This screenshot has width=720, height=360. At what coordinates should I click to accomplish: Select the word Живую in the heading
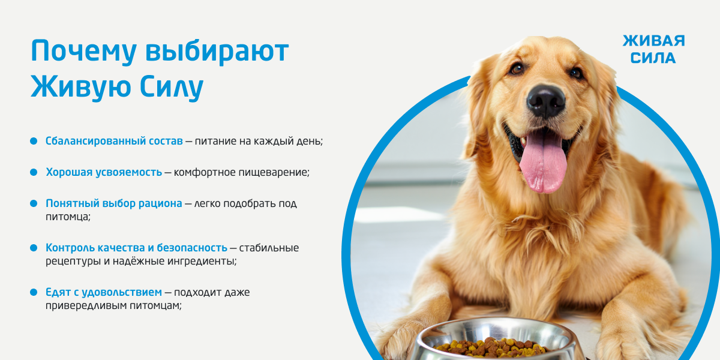[x=80, y=87]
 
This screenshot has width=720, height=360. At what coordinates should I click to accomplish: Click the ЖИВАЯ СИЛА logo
[x=654, y=49]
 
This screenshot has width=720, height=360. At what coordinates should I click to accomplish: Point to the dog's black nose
[x=546, y=101]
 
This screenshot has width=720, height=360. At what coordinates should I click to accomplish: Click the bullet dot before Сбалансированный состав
[x=34, y=141]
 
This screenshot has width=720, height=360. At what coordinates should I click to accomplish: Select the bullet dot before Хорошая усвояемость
[x=34, y=172]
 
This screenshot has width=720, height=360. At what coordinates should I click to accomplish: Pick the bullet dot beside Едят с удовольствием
[x=34, y=292]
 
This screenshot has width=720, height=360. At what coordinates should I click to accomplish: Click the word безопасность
[x=192, y=248]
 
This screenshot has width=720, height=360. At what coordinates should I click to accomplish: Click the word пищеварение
[x=273, y=173]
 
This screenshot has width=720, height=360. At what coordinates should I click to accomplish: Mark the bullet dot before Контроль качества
[x=34, y=248]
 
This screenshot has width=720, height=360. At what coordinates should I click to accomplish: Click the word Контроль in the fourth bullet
[x=70, y=248]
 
